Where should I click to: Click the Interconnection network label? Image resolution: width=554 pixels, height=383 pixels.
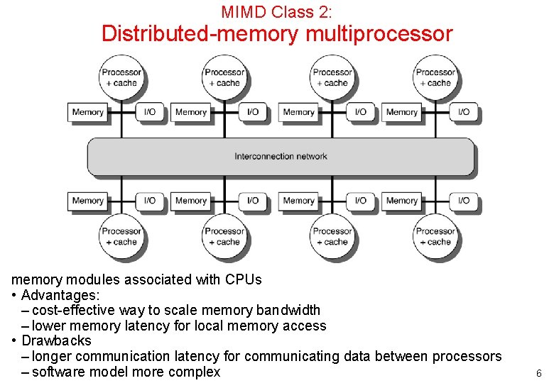point(281,156)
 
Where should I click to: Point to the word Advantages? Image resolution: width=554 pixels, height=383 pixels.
point(60,295)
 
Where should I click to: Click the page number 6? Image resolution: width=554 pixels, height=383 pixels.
point(538,373)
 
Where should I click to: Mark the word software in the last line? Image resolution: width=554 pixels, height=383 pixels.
point(56,372)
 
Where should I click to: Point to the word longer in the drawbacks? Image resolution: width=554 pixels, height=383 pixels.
point(52,356)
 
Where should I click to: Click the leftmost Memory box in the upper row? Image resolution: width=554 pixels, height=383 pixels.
point(88,112)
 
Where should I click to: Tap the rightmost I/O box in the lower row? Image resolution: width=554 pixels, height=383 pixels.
point(463,201)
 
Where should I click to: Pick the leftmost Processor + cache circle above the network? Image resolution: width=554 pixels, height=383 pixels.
point(121,77)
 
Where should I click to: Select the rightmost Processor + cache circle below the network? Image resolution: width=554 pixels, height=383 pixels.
point(435,236)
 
